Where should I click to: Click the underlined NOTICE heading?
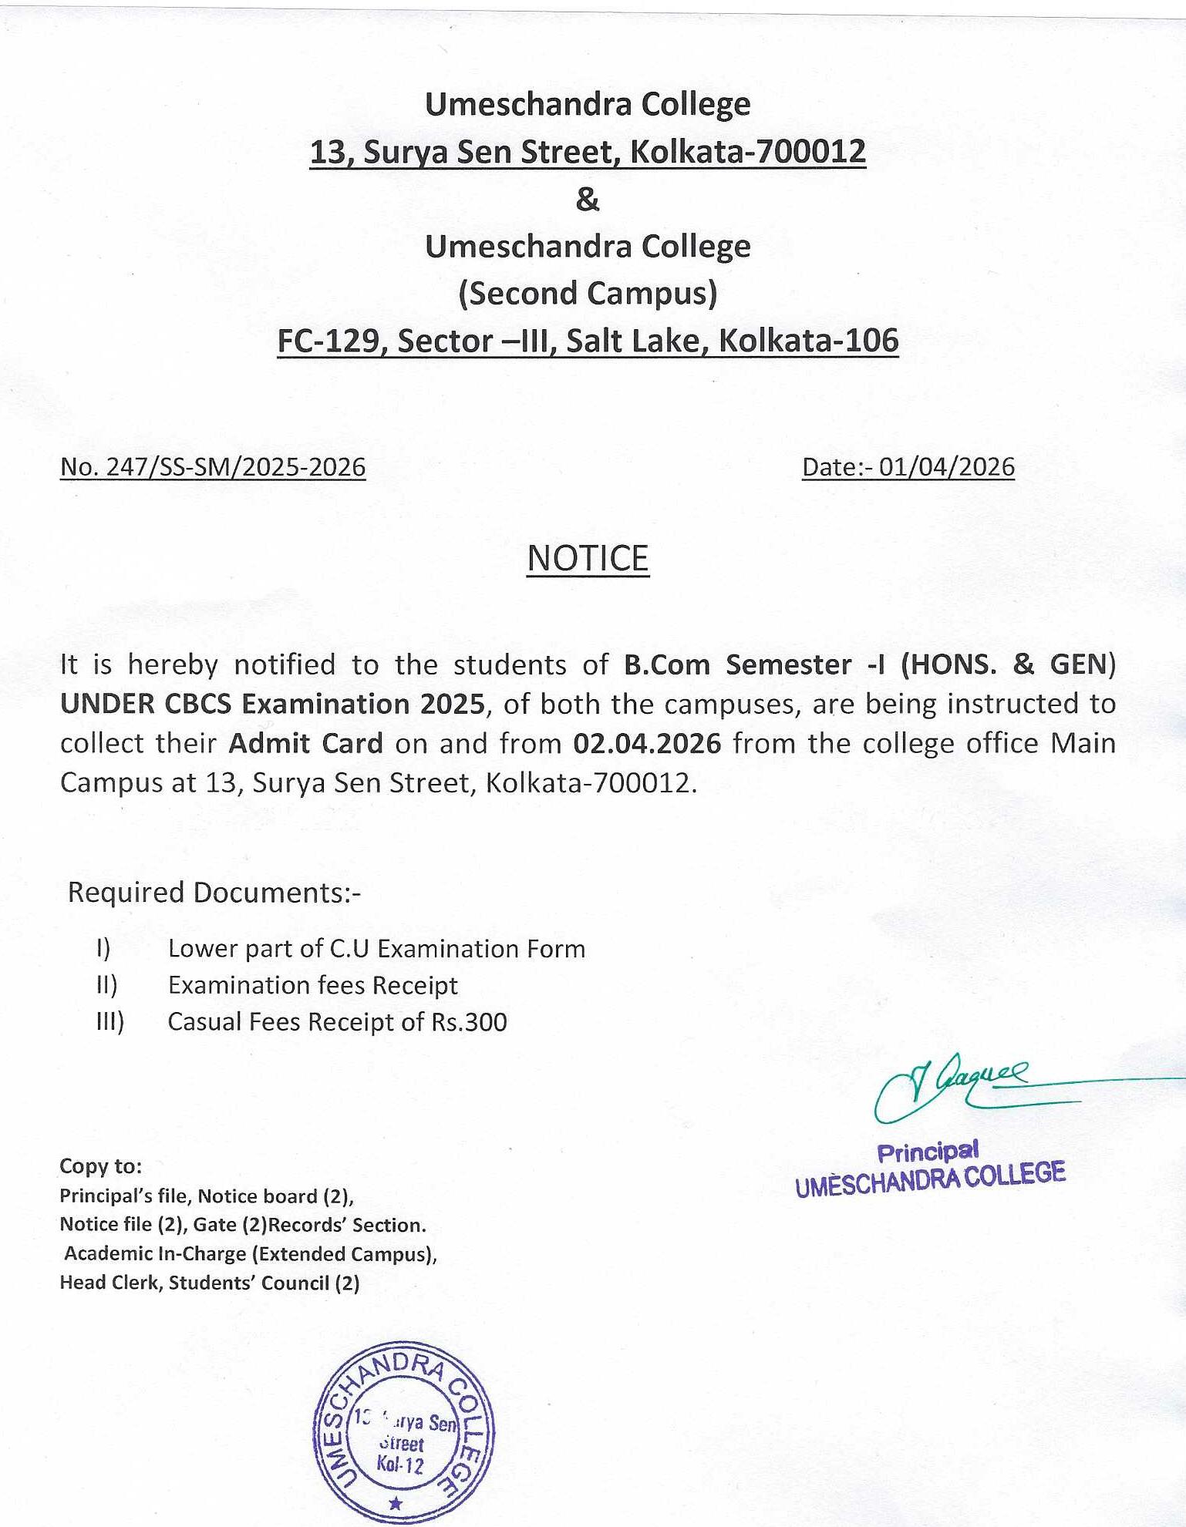coord(588,558)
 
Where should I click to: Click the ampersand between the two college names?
coord(587,200)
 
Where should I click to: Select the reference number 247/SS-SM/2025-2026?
coord(235,467)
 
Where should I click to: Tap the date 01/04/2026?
coord(946,467)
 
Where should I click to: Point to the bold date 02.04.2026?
coord(647,743)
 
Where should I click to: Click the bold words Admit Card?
coord(305,743)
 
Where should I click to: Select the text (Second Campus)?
coord(588,294)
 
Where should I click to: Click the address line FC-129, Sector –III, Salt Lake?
coord(588,341)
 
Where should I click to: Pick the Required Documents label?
coord(214,892)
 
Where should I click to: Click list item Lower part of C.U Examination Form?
coord(376,948)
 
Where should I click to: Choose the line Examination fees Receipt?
coord(312,985)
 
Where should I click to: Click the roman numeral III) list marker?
coord(110,1022)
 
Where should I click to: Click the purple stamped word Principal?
coord(928,1152)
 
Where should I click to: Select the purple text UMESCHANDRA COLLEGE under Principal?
coord(930,1179)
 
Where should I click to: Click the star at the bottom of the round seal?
coord(396,1503)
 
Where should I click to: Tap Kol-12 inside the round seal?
coord(400,1465)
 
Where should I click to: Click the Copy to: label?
coord(100,1166)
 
